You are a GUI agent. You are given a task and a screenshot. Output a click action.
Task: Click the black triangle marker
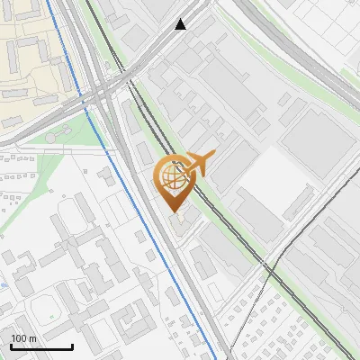182,24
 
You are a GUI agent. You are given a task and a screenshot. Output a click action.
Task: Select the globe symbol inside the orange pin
172,175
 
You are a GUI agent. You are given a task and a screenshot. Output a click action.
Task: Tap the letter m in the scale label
33,338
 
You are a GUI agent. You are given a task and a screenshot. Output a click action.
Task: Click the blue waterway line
144,216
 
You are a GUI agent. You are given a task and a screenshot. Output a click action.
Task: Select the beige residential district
36,45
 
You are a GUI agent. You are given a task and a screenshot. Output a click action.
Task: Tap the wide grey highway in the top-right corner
324,54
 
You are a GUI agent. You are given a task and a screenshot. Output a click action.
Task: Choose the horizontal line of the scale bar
40,346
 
